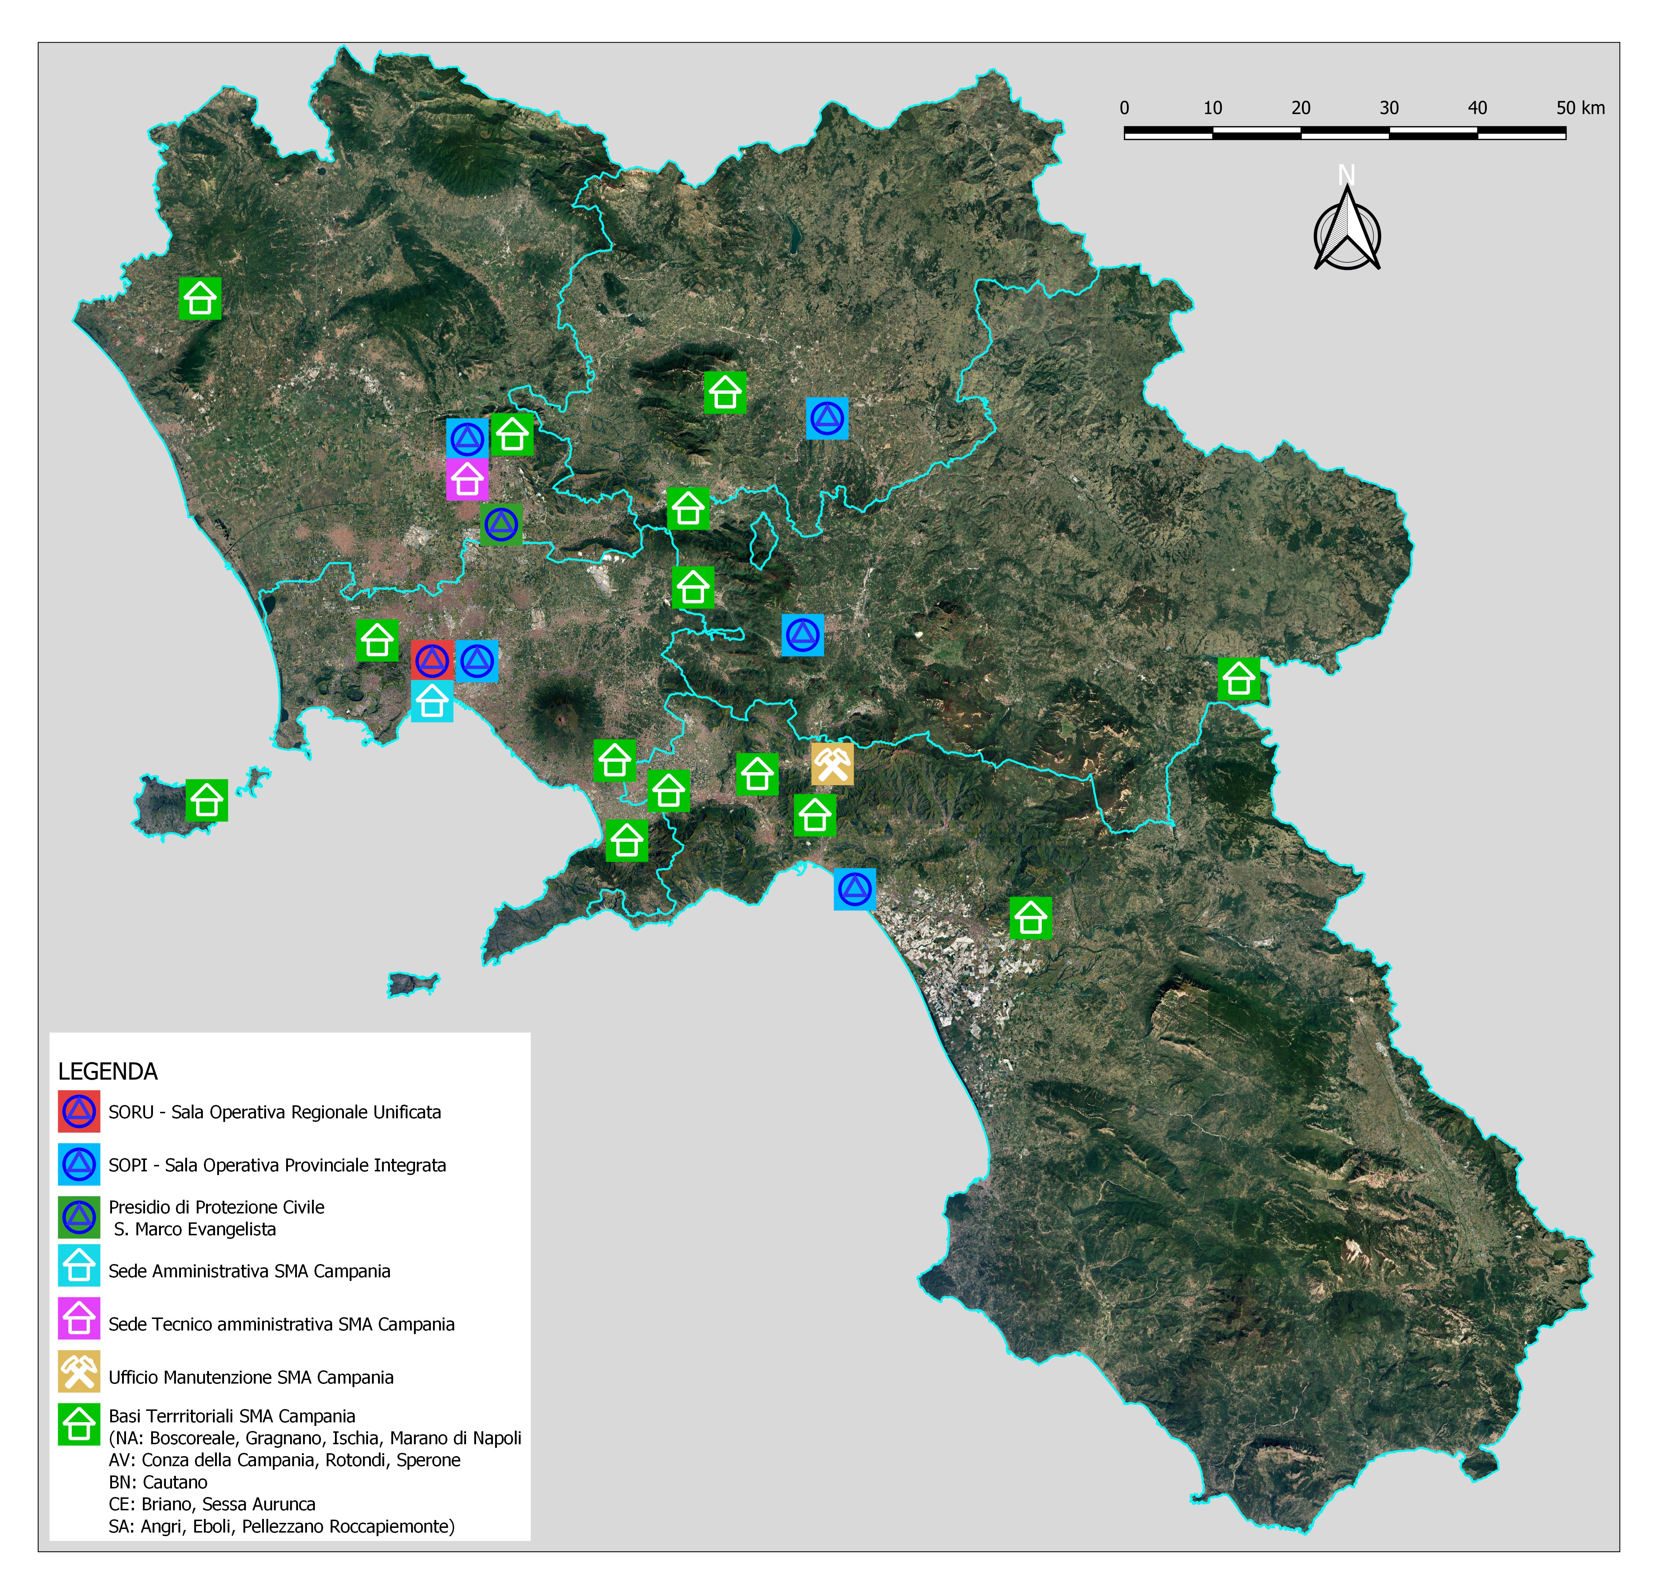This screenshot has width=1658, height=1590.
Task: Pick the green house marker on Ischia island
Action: tap(206, 799)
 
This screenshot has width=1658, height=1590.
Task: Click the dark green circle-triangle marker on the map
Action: tap(501, 524)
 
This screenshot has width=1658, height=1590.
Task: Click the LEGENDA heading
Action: tap(107, 1072)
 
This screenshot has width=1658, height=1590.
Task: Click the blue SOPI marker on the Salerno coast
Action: tap(854, 889)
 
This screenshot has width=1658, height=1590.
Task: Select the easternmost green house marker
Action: tap(1238, 678)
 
